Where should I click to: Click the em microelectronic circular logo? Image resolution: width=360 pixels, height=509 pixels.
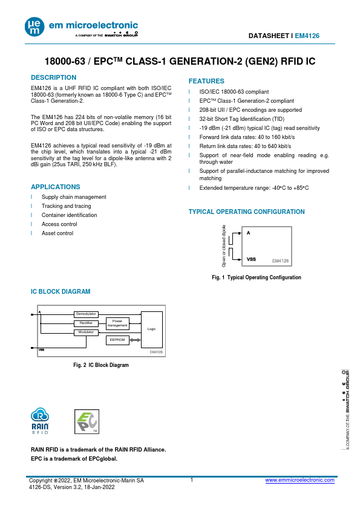point(34,27)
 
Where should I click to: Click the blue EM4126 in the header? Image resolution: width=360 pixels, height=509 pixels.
point(307,36)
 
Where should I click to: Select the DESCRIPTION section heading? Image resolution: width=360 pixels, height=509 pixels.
point(54,77)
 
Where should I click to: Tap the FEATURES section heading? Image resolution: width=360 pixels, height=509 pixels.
point(206,81)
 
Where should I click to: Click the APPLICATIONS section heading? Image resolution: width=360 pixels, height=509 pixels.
point(56,187)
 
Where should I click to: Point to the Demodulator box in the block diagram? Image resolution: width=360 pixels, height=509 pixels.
point(86,314)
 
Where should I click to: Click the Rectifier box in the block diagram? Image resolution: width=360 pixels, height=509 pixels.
point(86,323)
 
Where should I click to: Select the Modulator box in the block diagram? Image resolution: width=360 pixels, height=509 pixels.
point(86,332)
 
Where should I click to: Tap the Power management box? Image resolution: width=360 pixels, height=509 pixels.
point(117,323)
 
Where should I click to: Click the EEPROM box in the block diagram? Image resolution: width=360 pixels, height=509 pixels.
point(117,340)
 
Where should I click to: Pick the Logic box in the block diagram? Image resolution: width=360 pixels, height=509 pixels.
point(152,329)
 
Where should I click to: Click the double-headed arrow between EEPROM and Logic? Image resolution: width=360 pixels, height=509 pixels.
point(135,340)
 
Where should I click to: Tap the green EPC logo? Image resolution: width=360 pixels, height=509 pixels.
point(87,422)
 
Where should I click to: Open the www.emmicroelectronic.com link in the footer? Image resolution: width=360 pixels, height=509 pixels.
point(299,480)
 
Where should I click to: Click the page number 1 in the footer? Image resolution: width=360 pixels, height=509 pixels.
point(192,480)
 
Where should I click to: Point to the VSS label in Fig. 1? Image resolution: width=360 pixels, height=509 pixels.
point(251,259)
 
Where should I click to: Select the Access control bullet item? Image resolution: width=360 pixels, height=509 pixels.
point(59,224)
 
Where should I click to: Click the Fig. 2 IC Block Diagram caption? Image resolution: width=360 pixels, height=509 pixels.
point(101,365)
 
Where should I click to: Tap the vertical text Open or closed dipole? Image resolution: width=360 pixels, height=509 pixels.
point(224,246)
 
